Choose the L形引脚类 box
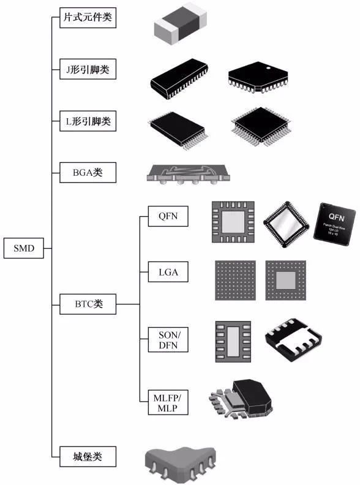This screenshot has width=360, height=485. coord(88,121)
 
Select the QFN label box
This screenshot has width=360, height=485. coord(168,217)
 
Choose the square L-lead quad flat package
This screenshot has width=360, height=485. coord(258,128)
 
